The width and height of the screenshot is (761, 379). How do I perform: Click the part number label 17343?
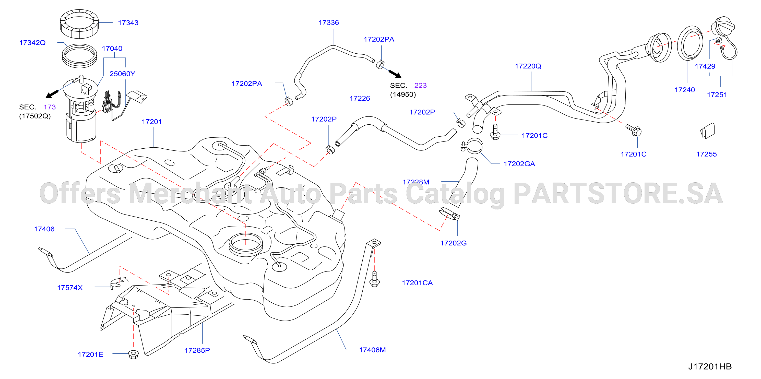(x=128, y=23)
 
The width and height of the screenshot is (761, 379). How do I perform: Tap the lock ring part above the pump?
(x=79, y=24)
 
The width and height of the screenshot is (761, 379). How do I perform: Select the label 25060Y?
(x=122, y=74)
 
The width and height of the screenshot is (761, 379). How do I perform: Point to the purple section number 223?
(x=420, y=85)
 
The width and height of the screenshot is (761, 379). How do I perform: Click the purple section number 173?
(x=50, y=107)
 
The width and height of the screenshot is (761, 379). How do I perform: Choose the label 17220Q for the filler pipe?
(x=528, y=66)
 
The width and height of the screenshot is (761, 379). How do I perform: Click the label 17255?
(x=706, y=154)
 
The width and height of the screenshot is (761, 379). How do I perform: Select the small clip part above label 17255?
(x=708, y=131)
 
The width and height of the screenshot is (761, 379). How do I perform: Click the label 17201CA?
(x=417, y=283)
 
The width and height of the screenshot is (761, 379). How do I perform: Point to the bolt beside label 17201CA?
(x=375, y=279)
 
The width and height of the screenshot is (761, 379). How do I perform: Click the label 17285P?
(x=197, y=350)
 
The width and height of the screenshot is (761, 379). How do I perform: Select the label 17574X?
(x=70, y=288)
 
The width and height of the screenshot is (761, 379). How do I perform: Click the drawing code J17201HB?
(x=710, y=366)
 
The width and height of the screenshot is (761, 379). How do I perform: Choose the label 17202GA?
(x=519, y=164)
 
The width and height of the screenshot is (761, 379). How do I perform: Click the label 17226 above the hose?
(x=360, y=98)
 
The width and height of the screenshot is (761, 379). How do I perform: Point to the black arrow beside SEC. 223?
(x=395, y=74)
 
